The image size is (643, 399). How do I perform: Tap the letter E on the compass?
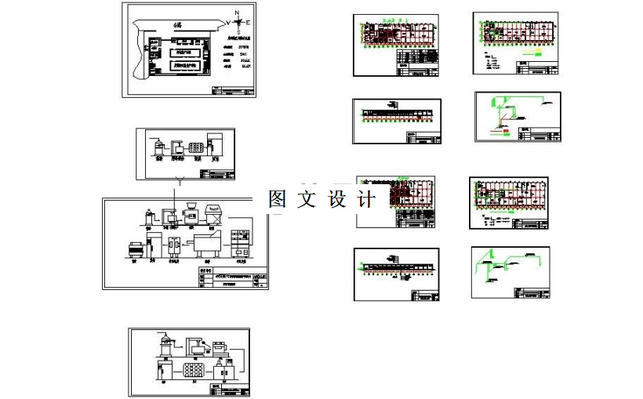pos(248,24)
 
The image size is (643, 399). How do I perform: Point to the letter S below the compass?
pos(238,32)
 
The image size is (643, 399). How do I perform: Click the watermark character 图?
pos(277,199)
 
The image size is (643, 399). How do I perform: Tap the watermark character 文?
pos(307,199)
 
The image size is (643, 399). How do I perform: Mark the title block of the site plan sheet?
pos(233,91)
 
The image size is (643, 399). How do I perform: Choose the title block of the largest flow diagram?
pos(231,278)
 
